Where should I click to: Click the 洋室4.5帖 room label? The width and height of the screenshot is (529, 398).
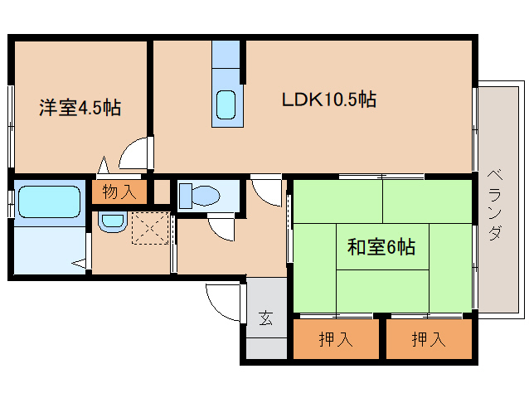pos(80,107)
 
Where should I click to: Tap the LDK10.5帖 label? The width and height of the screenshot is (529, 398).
pos(329,99)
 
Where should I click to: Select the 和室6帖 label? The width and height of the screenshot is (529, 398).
pos(381,246)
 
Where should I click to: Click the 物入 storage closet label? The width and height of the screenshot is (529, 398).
pos(119,192)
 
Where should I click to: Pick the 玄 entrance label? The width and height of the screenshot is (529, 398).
pos(264,318)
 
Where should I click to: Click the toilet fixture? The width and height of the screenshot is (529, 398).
pos(199,196)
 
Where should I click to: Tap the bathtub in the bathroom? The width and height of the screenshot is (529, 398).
pos(48,201)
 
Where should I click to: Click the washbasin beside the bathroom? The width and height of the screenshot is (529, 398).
pos(110,221)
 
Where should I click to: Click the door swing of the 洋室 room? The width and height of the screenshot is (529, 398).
pos(135,154)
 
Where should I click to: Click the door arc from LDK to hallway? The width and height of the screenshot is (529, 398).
pos(268,192)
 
